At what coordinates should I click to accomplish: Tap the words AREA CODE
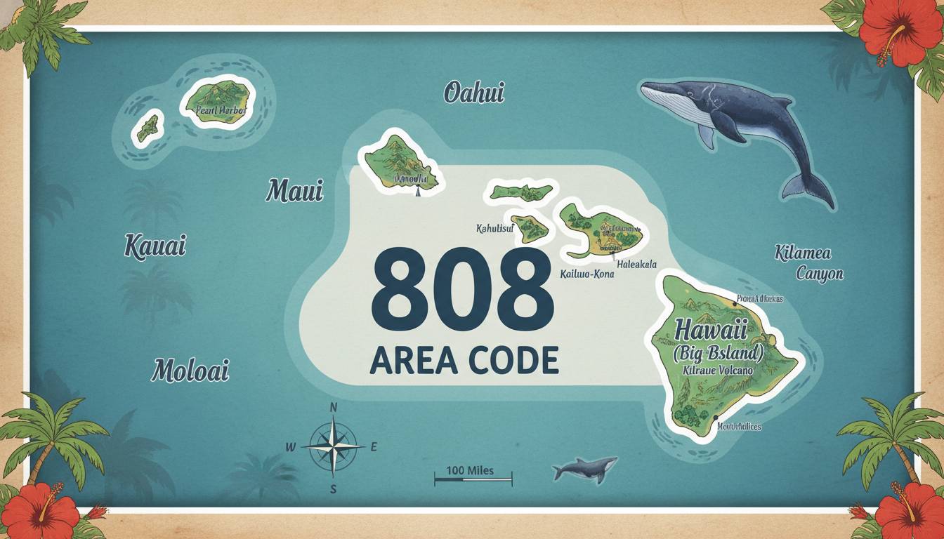pos(464,359)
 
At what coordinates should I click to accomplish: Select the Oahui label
pos(474,93)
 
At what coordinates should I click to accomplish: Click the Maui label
pos(294,190)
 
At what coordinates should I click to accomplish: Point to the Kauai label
pos(155,246)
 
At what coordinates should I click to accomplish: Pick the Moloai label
pos(190,370)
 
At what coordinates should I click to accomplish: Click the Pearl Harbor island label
pos(218,110)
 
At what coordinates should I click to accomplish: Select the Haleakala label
pos(636,265)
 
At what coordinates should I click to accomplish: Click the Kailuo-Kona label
pos(586,274)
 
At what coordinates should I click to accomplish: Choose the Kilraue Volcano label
pos(716,370)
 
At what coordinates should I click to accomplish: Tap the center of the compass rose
pos(333,446)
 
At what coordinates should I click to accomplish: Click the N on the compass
pos(334,407)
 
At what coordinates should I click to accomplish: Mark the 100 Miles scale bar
pos(473,480)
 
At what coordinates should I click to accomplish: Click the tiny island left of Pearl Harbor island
pos(147,128)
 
